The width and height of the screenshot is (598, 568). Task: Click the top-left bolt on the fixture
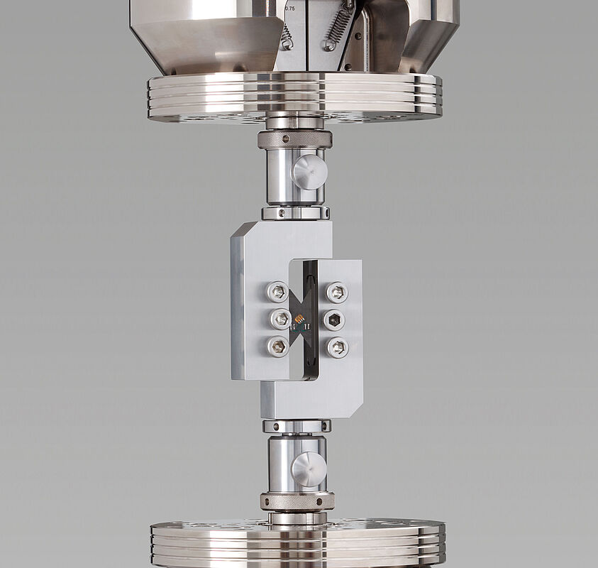[x=277, y=291]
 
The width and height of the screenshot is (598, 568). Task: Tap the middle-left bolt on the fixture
[x=281, y=319]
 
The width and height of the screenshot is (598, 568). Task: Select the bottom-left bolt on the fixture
[x=277, y=346]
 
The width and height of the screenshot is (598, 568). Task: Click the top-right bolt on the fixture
[x=337, y=292]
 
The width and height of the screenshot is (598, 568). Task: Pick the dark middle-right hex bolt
[x=334, y=320]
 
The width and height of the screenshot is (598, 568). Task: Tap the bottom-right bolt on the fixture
[x=337, y=347]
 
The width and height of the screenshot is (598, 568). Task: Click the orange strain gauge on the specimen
[x=300, y=319]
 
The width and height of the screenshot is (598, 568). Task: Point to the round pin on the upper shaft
[x=309, y=172]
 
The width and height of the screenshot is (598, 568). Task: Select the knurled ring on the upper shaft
[x=294, y=139]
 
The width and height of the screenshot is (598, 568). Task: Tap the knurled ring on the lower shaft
[x=297, y=501]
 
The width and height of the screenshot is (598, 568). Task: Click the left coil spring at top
[x=286, y=36]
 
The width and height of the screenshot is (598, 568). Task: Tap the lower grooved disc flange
[x=298, y=543]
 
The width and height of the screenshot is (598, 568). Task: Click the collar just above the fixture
[x=295, y=212]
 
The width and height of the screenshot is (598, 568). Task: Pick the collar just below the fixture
[x=297, y=426]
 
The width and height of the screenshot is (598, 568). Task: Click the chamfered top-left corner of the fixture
[x=240, y=231]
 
